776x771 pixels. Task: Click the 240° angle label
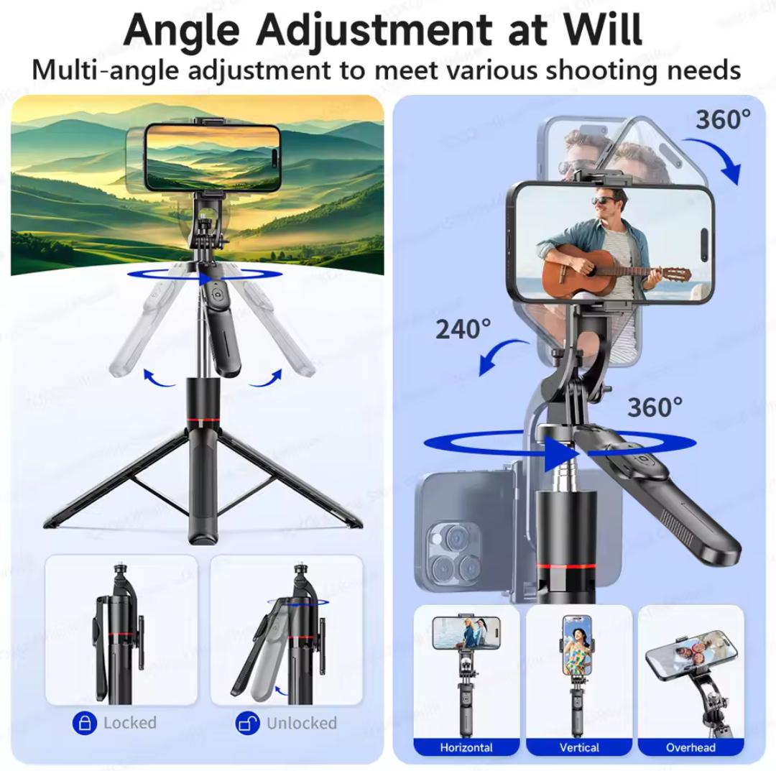463,329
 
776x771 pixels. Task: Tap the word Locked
129,723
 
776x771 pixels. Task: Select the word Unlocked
301,723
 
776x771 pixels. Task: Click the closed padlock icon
85,723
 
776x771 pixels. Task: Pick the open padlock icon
247,723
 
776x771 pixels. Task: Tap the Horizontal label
466,747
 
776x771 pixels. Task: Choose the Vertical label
579,747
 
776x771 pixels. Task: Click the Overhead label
691,747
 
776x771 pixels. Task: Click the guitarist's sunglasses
605,200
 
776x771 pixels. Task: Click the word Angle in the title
181,29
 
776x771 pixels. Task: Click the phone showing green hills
213,157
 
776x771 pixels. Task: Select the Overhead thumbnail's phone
691,654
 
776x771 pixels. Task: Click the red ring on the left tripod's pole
203,420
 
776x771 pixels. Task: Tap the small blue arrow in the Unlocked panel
282,690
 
